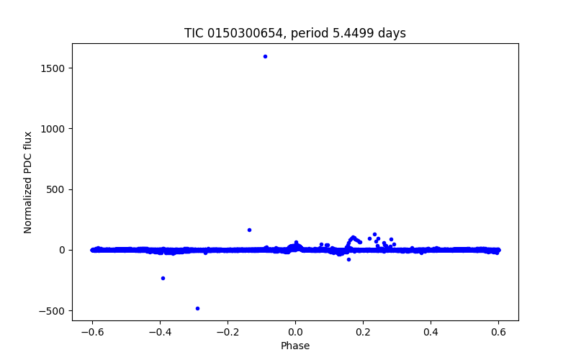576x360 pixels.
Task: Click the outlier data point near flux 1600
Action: coord(265,56)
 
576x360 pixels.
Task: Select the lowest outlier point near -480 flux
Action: coord(197,308)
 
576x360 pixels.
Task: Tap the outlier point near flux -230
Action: coord(163,278)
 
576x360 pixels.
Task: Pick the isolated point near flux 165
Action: coord(249,230)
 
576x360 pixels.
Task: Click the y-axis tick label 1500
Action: coord(53,68)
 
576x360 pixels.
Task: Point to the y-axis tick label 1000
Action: coord(53,129)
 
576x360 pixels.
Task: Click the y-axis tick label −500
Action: coord(53,311)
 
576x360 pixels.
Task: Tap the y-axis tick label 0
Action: coord(63,250)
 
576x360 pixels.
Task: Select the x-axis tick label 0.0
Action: coord(295,332)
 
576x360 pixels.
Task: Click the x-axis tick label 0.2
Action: coord(363,332)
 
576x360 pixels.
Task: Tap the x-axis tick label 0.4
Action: coord(431,332)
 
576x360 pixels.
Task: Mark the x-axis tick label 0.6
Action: coord(498,332)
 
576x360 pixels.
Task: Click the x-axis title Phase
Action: coord(295,346)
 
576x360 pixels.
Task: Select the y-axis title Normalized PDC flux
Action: coord(29,182)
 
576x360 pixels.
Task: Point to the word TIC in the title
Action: coord(194,34)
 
